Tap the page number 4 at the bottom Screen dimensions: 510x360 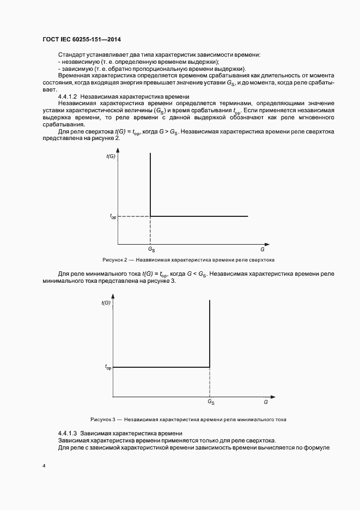click(x=44, y=466)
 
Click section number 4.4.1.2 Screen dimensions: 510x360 click(x=68, y=96)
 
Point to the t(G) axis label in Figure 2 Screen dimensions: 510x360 click(x=111, y=156)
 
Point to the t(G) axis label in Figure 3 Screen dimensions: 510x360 click(x=106, y=302)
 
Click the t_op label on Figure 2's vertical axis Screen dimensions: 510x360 click(x=113, y=217)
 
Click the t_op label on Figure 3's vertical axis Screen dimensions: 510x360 click(x=108, y=368)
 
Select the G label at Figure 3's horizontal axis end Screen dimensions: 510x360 click(x=265, y=402)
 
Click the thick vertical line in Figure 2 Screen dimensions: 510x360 click(x=150, y=185)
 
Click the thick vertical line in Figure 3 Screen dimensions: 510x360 click(x=210, y=332)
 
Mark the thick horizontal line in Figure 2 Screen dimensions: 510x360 click(x=199, y=216)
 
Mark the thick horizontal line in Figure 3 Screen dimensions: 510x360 click(x=161, y=367)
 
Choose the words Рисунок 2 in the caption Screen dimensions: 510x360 click(x=114, y=260)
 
